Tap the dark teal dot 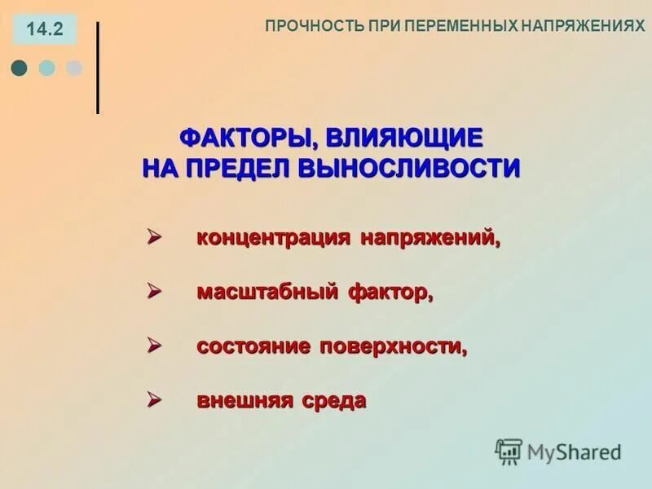[x=20, y=68]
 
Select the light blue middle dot [x=47, y=68]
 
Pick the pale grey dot [x=73, y=68]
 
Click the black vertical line [x=98, y=68]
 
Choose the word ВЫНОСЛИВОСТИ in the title [x=410, y=168]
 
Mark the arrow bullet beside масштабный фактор [x=153, y=291]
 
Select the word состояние [x=253, y=346]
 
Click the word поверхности [x=394, y=346]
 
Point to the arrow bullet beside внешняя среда [x=153, y=399]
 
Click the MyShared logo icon [x=509, y=451]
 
